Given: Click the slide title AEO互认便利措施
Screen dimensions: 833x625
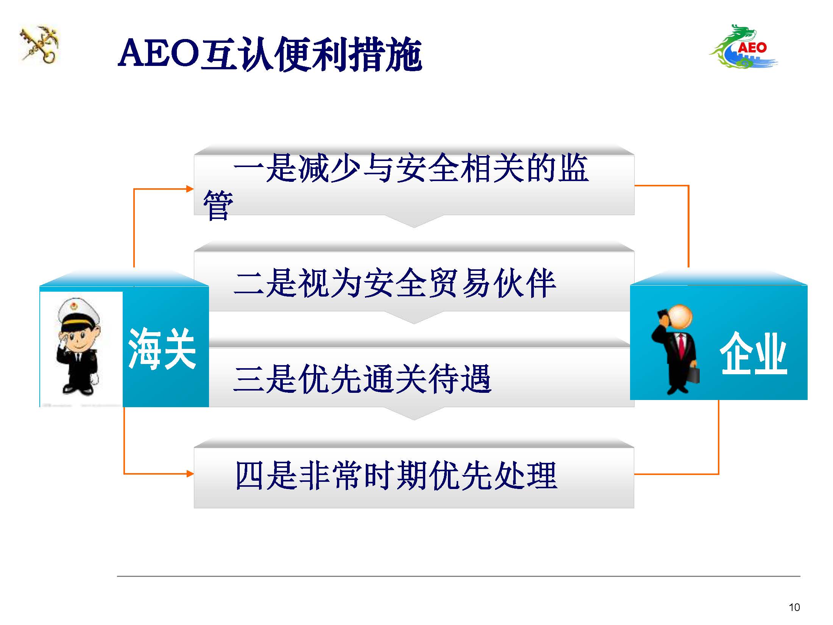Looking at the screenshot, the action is coord(270,54).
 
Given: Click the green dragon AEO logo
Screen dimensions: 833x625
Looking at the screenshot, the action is coord(743,47).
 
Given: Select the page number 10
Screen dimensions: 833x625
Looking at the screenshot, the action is coord(794,607).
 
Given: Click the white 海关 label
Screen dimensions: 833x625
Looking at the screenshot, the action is coord(162,348).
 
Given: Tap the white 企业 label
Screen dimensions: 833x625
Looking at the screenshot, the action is coord(753,353).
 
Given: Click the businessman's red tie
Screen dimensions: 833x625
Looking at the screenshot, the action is coord(682,345).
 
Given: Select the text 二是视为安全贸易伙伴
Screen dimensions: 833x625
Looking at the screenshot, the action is coord(395,283).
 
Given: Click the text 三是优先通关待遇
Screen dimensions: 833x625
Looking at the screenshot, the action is coord(363,379).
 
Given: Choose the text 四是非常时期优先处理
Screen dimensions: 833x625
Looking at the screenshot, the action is coord(396,475).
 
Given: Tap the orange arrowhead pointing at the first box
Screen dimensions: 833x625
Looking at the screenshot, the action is coord(190,189).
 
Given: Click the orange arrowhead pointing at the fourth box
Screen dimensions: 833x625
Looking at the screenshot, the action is coord(190,473).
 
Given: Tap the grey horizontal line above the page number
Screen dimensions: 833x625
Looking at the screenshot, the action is coord(459,576).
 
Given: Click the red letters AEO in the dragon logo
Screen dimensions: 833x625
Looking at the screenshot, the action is coord(752,48).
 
